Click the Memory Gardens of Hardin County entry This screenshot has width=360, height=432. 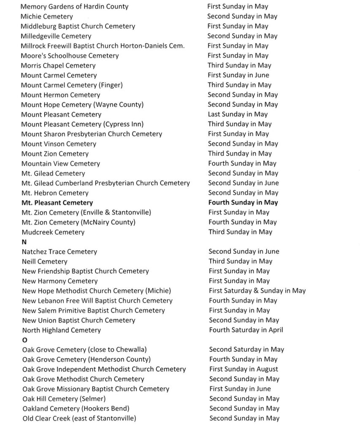point(74,7)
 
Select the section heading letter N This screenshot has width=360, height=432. point(24,242)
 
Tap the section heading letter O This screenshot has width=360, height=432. point(24,340)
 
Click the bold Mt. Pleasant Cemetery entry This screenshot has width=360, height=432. point(57,203)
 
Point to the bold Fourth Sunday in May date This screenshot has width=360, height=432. point(243,202)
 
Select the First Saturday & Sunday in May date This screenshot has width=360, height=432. point(257,291)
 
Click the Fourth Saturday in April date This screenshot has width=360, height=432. point(246,330)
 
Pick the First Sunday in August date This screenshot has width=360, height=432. point(244,369)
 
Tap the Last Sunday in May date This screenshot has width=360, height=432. point(238,114)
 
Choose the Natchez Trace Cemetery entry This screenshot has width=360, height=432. point(60,252)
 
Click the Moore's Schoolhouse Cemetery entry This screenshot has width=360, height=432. point(70,56)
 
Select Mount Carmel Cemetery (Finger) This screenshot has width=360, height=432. point(72,85)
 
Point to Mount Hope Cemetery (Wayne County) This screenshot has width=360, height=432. point(82,105)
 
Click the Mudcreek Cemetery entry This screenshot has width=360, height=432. point(53,232)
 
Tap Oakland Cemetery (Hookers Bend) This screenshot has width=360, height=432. point(76,408)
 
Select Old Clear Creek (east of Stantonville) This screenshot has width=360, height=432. point(79,418)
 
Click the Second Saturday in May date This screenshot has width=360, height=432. point(246,349)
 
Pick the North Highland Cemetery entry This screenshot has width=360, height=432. point(61,330)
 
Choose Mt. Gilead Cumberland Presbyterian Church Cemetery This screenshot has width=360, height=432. point(106,183)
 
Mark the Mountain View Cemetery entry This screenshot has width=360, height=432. point(61,164)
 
